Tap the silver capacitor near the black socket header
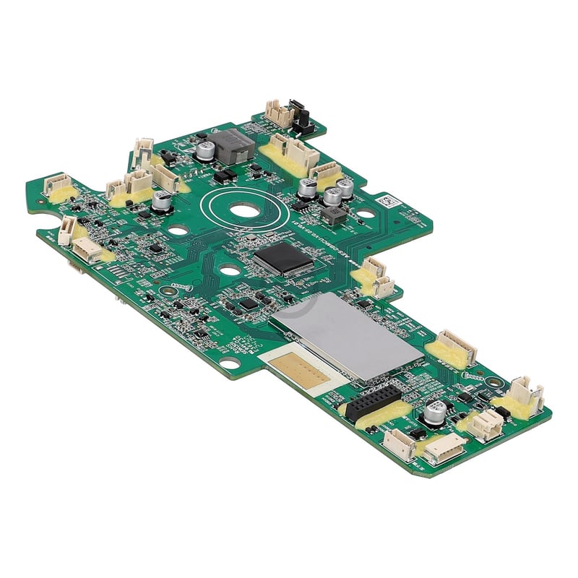pos(435,412)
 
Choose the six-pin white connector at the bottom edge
pos(443,452)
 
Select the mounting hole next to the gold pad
pos(230,363)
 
